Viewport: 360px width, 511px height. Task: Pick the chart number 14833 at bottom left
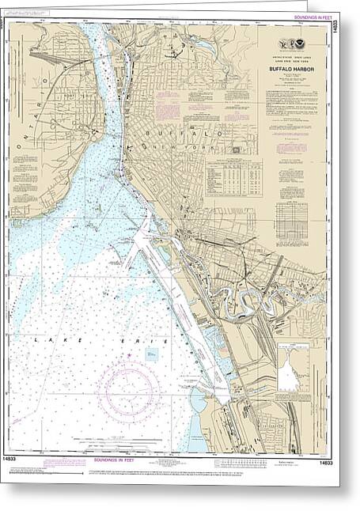18,460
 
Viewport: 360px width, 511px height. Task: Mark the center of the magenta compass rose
129,391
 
